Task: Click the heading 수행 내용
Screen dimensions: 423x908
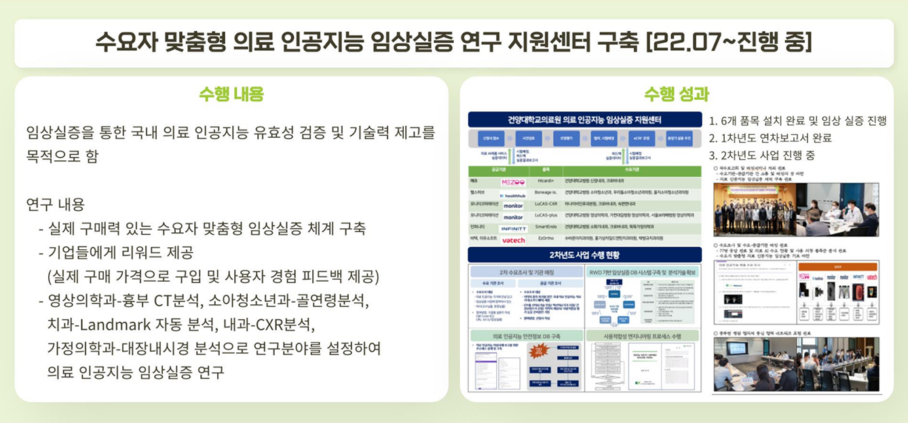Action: point(231,94)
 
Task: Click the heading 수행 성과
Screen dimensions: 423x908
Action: point(676,94)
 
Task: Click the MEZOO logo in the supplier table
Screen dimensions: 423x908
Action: point(513,182)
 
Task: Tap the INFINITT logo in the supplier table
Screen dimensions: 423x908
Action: point(514,229)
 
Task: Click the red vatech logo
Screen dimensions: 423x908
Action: point(514,240)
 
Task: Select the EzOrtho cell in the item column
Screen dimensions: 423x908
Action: point(546,240)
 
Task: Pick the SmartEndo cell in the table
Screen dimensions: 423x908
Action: point(546,228)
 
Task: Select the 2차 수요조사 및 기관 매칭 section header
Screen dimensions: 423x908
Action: point(525,271)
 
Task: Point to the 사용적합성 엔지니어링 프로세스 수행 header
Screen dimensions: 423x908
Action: point(642,336)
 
